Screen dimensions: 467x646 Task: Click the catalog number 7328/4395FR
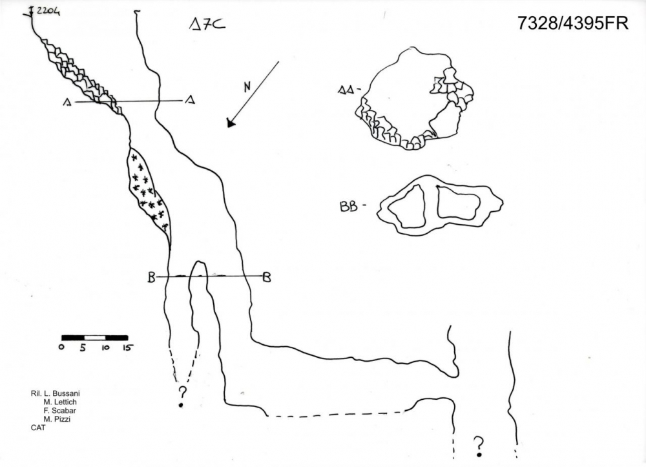pos(572,23)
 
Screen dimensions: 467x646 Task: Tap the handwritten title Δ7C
pos(206,25)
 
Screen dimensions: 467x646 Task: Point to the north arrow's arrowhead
pos(230,123)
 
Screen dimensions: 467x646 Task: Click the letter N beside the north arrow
pos(247,88)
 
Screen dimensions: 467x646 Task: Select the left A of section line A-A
pos(67,101)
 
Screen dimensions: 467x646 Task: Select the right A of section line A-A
pos(189,100)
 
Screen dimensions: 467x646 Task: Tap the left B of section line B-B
pos(151,278)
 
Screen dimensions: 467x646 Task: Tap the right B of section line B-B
pos(266,278)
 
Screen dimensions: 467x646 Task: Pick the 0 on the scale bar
pos(61,348)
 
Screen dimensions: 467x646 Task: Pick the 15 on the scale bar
pos(127,348)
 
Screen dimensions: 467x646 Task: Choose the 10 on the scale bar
pos(105,348)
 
